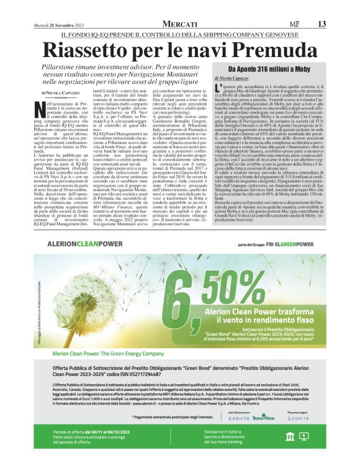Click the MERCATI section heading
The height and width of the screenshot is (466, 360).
179,24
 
